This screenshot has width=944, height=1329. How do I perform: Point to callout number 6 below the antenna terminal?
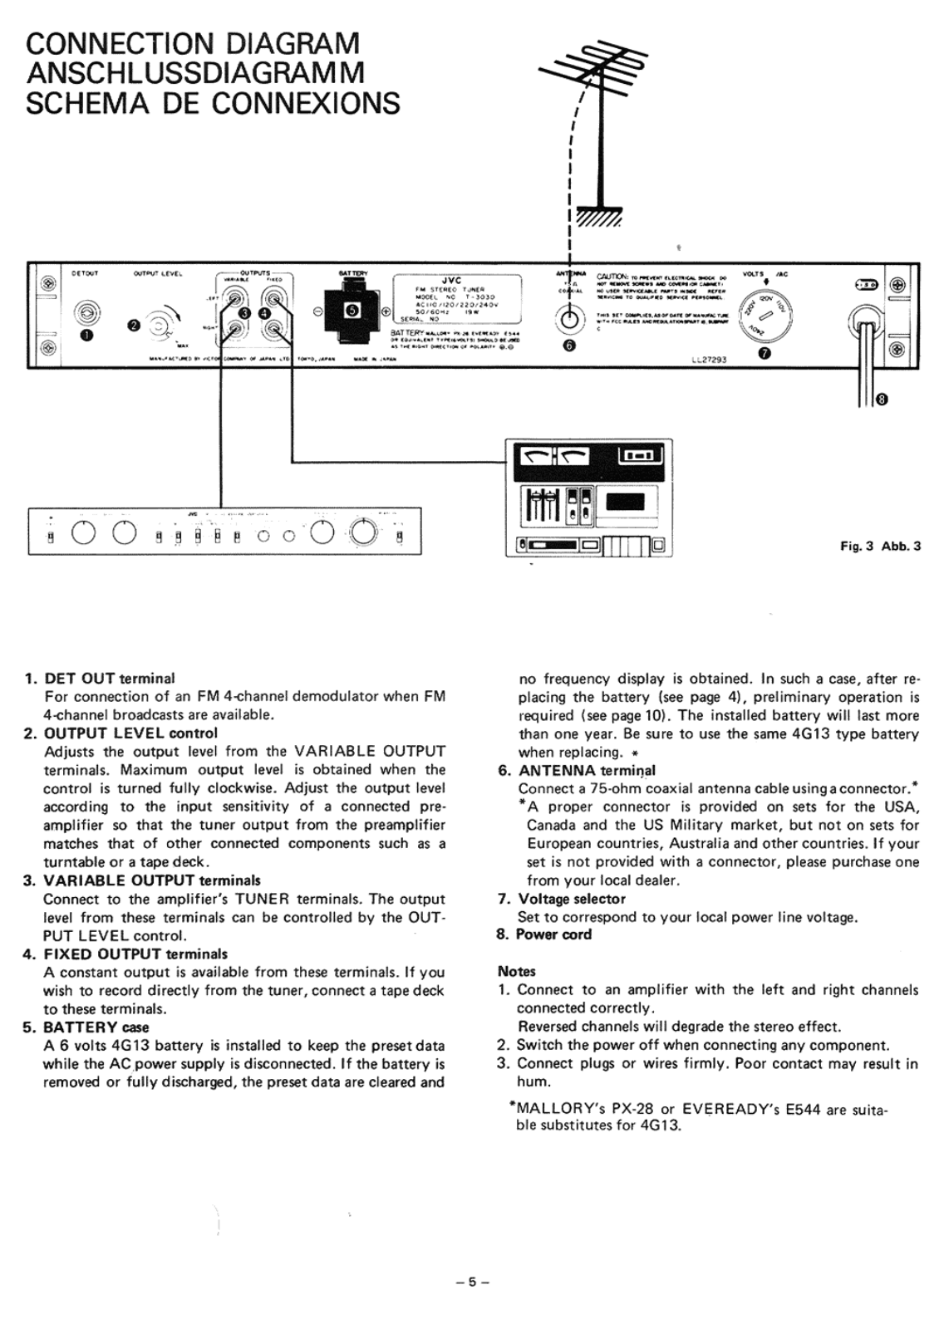pyautogui.click(x=568, y=346)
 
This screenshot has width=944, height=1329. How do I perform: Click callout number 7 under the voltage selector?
pyautogui.click(x=765, y=356)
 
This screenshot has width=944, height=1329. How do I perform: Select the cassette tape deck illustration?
pyautogui.click(x=589, y=498)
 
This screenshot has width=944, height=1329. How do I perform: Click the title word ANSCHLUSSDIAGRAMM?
pyautogui.click(x=196, y=73)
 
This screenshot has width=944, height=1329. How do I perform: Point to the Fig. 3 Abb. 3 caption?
pyautogui.click(x=880, y=547)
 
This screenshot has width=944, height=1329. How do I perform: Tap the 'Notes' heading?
pyautogui.click(x=517, y=971)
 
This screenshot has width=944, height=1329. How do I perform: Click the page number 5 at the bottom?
pyautogui.click(x=472, y=1282)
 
